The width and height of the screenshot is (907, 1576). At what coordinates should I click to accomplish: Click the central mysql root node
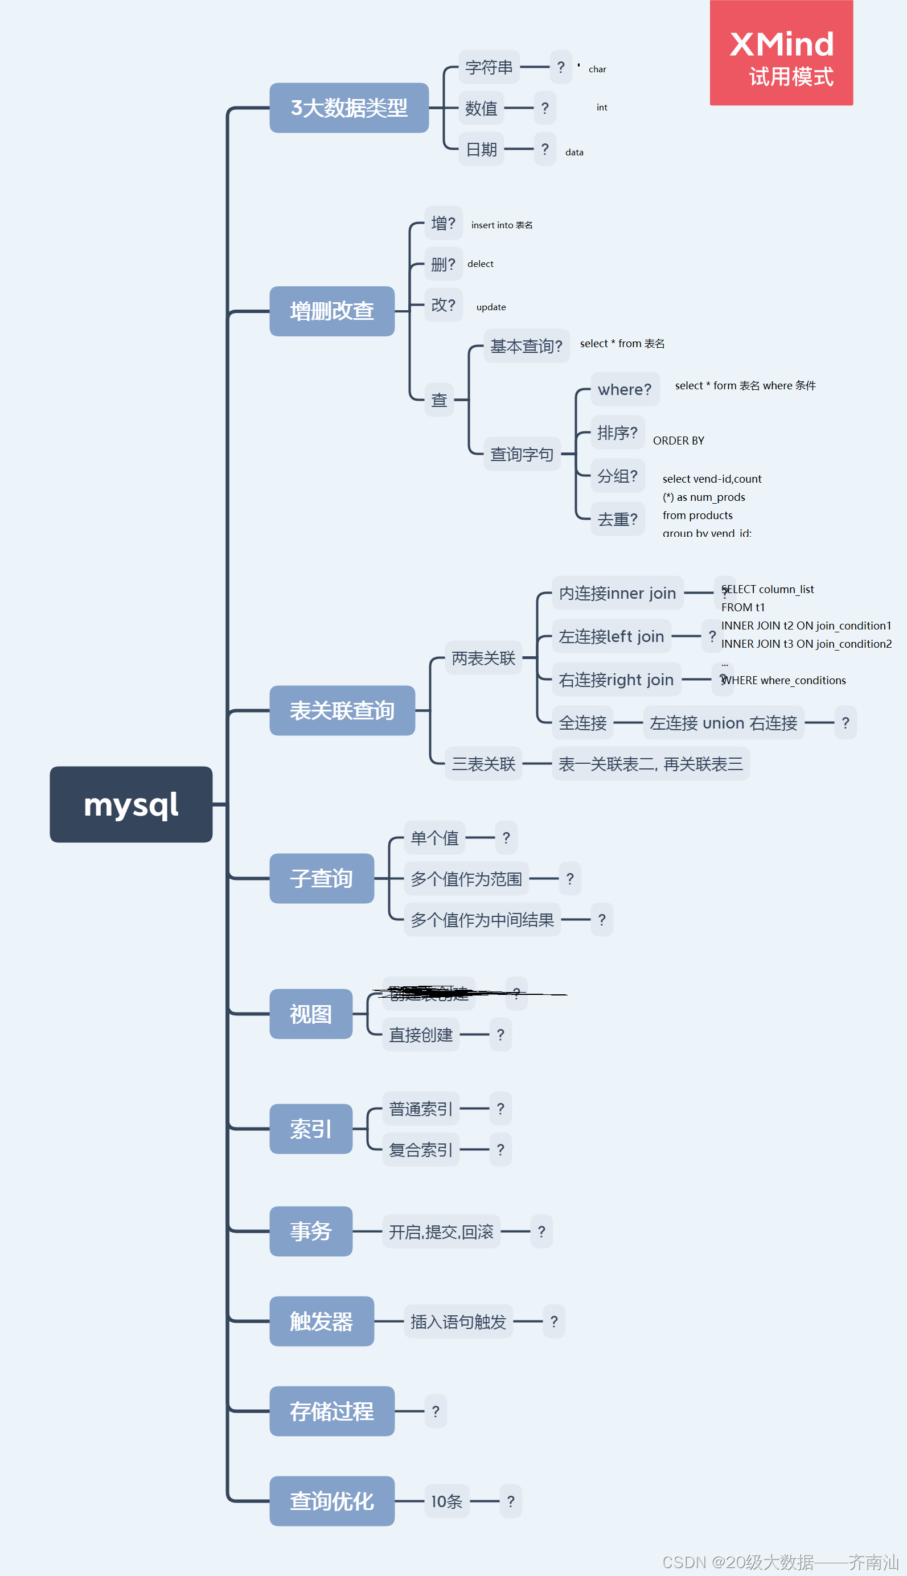click(131, 804)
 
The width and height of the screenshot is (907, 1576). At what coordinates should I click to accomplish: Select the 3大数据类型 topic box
click(349, 108)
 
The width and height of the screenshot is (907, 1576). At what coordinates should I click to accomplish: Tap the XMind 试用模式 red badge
click(781, 53)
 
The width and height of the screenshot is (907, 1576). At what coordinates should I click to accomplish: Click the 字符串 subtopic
click(489, 67)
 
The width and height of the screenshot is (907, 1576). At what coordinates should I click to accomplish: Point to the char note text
click(597, 69)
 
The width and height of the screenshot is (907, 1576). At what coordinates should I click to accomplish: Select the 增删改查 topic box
click(331, 311)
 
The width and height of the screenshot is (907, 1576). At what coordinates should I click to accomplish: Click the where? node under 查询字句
click(624, 389)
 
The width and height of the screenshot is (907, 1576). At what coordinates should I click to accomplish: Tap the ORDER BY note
click(678, 440)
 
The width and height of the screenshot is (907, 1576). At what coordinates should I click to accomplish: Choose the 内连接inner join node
click(617, 593)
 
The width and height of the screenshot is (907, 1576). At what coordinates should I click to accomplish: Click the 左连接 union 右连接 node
click(723, 722)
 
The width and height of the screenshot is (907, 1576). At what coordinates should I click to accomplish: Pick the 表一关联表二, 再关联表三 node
click(650, 763)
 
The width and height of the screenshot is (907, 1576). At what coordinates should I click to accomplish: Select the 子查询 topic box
click(322, 878)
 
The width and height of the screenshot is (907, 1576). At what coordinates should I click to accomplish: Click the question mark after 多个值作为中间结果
click(601, 919)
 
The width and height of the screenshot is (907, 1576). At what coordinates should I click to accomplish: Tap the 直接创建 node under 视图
click(421, 1034)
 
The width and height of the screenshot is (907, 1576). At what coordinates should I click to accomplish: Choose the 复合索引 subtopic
click(421, 1150)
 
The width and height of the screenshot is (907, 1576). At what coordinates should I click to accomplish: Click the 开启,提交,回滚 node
click(441, 1231)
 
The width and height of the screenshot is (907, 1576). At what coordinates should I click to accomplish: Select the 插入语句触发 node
click(458, 1322)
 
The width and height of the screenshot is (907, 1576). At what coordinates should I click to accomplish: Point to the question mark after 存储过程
click(436, 1411)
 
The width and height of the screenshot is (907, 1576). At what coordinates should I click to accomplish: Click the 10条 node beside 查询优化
click(446, 1501)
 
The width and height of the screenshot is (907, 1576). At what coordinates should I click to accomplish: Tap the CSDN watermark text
click(779, 1562)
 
